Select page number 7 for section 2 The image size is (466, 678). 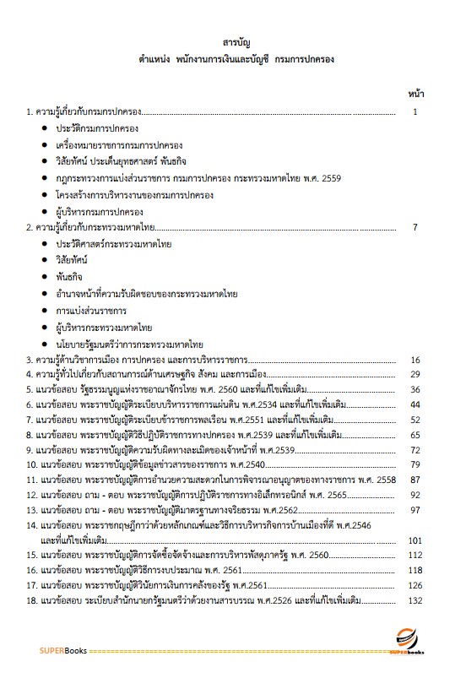(415, 228)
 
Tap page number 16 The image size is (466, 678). (415, 360)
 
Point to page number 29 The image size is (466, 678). (415, 374)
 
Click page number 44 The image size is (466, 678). (415, 404)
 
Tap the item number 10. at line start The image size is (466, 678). (33, 464)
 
